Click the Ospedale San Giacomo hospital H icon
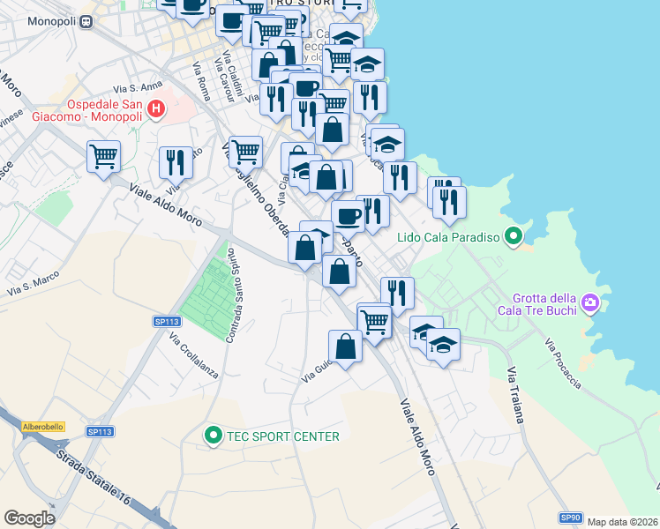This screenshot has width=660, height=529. [x=156, y=109]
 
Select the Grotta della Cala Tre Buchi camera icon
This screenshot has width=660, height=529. [x=590, y=305]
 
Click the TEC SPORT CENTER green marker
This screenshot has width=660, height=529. [x=213, y=436]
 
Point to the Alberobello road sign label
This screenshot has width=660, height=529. [x=42, y=426]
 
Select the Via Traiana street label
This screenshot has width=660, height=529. [x=515, y=395]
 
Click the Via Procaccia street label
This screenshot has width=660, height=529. [x=562, y=364]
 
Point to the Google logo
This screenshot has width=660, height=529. [x=29, y=518]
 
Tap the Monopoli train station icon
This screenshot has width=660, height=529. [x=85, y=22]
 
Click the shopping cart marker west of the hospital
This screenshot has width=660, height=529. [x=103, y=157]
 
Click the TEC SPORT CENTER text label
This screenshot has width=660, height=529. [x=282, y=436]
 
